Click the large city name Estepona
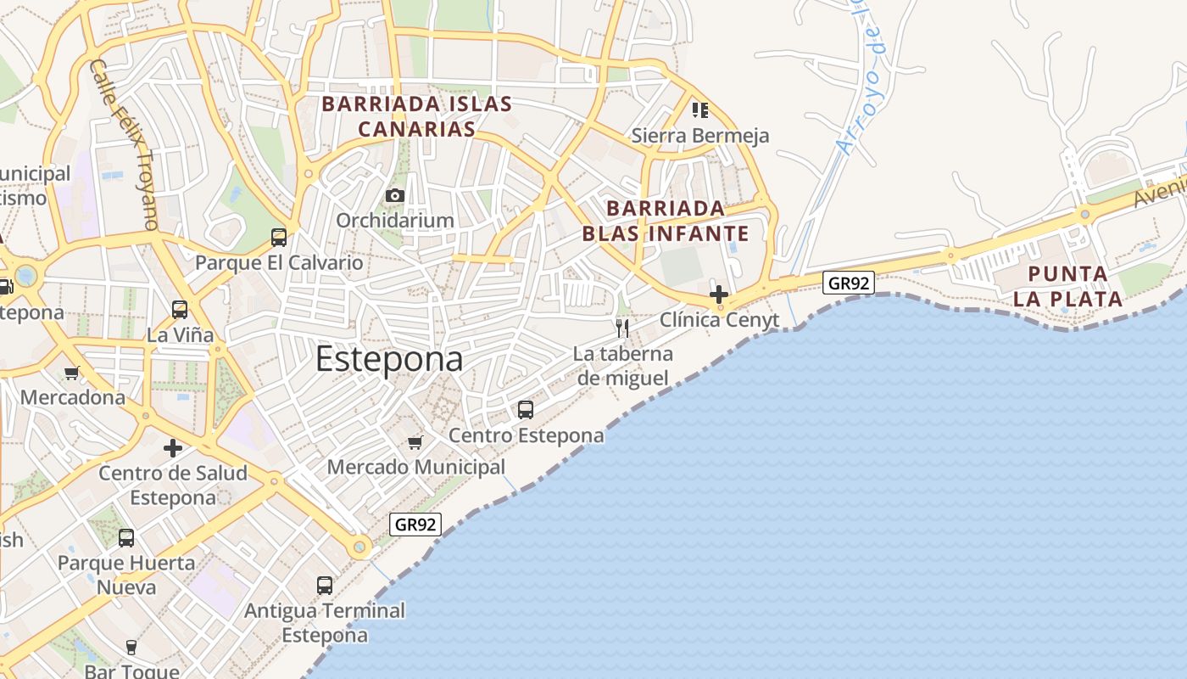pyautogui.click(x=389, y=359)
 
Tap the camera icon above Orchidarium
pyautogui.click(x=394, y=196)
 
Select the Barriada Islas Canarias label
pyautogui.click(x=416, y=116)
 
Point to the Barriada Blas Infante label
pyautogui.click(x=666, y=221)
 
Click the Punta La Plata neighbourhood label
pyautogui.click(x=1067, y=286)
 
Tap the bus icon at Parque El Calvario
pyautogui.click(x=279, y=238)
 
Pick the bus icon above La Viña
pyautogui.click(x=180, y=310)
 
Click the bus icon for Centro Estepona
pyautogui.click(x=526, y=410)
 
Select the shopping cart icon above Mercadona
pyautogui.click(x=72, y=373)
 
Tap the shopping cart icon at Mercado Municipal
pyautogui.click(x=415, y=442)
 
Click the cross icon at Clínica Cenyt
pyautogui.click(x=719, y=295)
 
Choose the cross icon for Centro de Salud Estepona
pyautogui.click(x=173, y=447)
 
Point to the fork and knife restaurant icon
pyautogui.click(x=623, y=328)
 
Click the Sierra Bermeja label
pyautogui.click(x=700, y=136)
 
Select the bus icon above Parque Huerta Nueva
pyautogui.click(x=126, y=537)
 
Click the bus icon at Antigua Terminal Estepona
pyautogui.click(x=325, y=585)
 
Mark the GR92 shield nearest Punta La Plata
pyautogui.click(x=849, y=283)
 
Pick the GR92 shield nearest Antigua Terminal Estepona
pyautogui.click(x=415, y=525)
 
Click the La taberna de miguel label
pyautogui.click(x=623, y=366)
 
